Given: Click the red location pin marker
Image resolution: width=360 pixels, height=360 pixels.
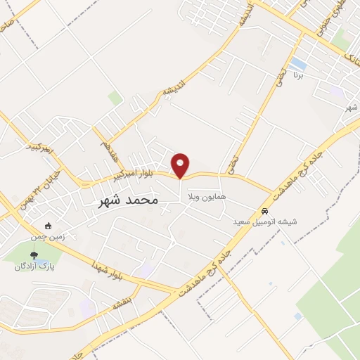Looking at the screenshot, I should coord(181,165).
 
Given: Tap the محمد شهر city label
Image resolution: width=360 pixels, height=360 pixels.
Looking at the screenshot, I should coord(127,200).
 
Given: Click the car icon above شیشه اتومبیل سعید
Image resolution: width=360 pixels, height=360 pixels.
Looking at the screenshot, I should coord(264,211).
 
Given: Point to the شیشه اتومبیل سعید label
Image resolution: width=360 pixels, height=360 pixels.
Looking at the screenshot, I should coord(266,221).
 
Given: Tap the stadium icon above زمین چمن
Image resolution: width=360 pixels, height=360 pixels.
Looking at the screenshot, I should coord(48,226).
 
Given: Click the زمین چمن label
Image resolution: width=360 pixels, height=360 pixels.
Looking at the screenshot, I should coord(48,237).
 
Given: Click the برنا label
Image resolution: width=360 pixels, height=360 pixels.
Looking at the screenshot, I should coord(298,74).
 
